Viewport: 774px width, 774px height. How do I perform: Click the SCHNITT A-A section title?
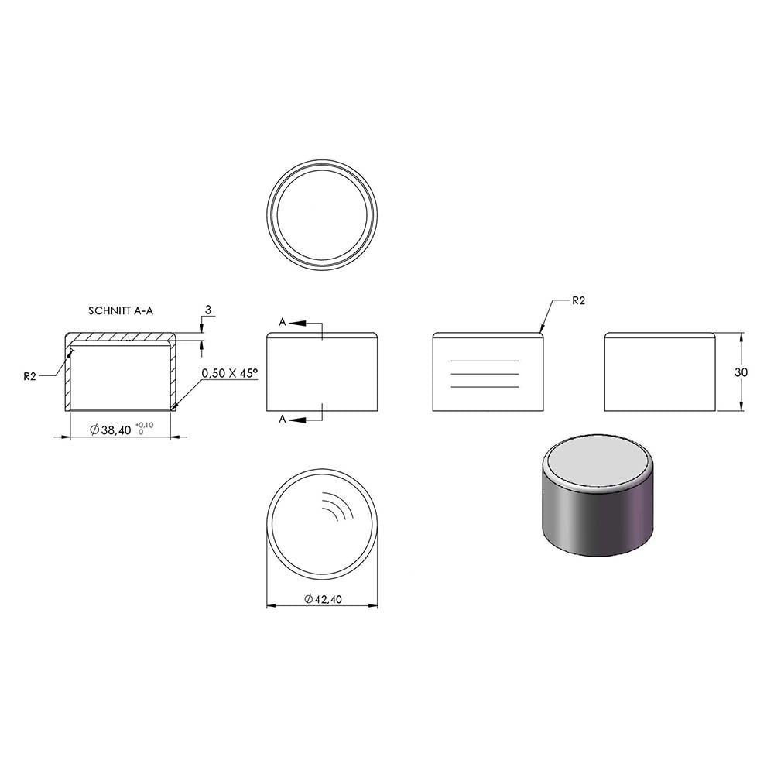(x=121, y=310)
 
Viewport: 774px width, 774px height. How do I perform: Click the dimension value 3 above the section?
(x=207, y=310)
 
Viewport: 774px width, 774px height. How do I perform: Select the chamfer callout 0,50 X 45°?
(x=230, y=373)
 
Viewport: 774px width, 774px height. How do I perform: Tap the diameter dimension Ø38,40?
(x=111, y=430)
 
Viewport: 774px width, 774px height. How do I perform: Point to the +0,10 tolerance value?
(x=144, y=425)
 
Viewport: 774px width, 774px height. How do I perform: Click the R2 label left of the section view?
(x=29, y=377)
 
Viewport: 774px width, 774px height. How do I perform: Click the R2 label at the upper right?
(x=578, y=300)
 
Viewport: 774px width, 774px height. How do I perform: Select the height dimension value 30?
(x=741, y=372)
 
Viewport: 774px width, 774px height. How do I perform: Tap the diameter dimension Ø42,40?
(x=323, y=599)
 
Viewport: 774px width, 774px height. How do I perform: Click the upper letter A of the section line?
(x=282, y=322)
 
